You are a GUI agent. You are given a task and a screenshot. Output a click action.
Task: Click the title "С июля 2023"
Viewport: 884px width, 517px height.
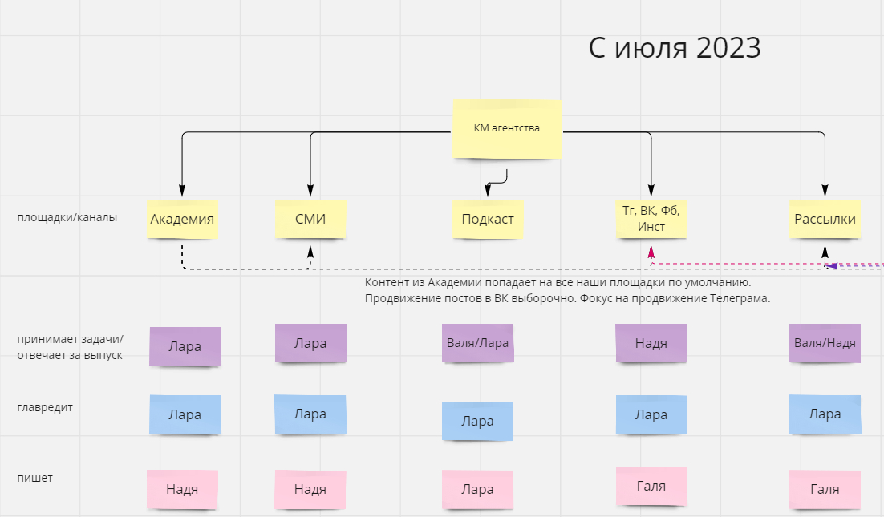click(x=675, y=48)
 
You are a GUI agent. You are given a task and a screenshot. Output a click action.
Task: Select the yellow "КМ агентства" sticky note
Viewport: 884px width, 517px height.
click(x=507, y=128)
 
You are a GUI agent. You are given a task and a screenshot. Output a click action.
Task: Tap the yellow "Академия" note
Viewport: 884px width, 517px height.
click(x=182, y=219)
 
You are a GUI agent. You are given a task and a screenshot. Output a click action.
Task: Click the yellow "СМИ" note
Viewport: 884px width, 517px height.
click(x=310, y=219)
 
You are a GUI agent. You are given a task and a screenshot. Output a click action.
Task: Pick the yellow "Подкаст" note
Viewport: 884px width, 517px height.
click(x=488, y=219)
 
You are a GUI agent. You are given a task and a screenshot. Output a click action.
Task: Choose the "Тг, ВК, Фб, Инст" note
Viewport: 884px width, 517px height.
click(x=651, y=219)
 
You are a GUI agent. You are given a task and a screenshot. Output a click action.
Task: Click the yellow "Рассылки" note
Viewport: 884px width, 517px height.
click(x=825, y=219)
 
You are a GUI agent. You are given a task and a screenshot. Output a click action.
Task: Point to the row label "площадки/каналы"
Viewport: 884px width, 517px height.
click(x=67, y=217)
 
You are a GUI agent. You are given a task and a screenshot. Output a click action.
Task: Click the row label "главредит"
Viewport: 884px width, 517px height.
click(x=45, y=407)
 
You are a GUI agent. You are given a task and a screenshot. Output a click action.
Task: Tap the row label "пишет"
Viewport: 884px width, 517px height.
click(x=35, y=479)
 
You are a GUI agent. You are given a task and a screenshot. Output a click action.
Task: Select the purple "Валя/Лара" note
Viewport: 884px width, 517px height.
click(x=478, y=343)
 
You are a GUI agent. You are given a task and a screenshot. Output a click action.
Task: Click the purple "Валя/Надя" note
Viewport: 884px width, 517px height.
click(x=825, y=343)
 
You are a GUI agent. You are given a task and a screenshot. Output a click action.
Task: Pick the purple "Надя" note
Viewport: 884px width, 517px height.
click(x=651, y=343)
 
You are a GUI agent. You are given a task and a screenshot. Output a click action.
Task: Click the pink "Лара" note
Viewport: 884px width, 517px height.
click(x=478, y=489)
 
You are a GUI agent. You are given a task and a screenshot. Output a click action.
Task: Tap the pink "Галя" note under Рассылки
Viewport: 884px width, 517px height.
click(x=825, y=489)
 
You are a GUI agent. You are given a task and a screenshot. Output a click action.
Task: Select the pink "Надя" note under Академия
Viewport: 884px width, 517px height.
click(x=182, y=489)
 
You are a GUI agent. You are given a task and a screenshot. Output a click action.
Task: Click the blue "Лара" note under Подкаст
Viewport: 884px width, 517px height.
click(x=478, y=421)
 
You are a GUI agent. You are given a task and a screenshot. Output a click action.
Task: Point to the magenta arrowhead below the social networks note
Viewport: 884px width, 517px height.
click(x=651, y=252)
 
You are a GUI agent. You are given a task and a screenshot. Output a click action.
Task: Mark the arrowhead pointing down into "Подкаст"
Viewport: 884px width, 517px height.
click(x=488, y=190)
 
